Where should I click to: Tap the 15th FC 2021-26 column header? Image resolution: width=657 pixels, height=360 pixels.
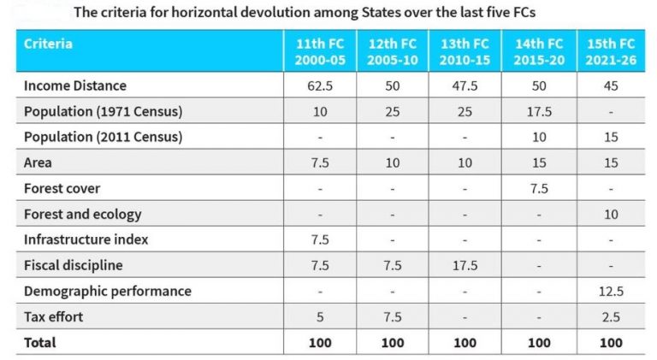(611, 51)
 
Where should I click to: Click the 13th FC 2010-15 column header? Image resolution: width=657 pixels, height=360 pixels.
(465, 51)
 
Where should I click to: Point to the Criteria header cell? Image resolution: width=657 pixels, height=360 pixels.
(49, 44)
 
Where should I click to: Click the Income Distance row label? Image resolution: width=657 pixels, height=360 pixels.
(75, 86)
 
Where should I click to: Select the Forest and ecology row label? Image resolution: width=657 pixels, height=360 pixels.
(83, 214)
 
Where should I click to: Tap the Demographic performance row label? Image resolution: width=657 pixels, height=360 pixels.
(108, 291)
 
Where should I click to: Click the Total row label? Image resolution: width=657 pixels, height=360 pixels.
(40, 342)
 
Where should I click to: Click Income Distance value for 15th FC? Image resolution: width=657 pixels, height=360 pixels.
(611, 86)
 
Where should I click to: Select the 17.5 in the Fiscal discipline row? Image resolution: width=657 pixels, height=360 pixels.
(465, 265)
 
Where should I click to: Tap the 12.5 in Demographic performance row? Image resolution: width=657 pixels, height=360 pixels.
(611, 291)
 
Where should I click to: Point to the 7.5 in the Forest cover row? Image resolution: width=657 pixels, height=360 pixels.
(538, 188)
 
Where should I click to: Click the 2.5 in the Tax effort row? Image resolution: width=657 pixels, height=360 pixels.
(611, 316)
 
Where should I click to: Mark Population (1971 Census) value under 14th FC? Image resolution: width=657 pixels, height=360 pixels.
(538, 111)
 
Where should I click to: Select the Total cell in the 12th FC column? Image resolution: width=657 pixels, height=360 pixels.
(392, 342)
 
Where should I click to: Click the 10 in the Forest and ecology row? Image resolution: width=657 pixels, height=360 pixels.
(611, 214)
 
